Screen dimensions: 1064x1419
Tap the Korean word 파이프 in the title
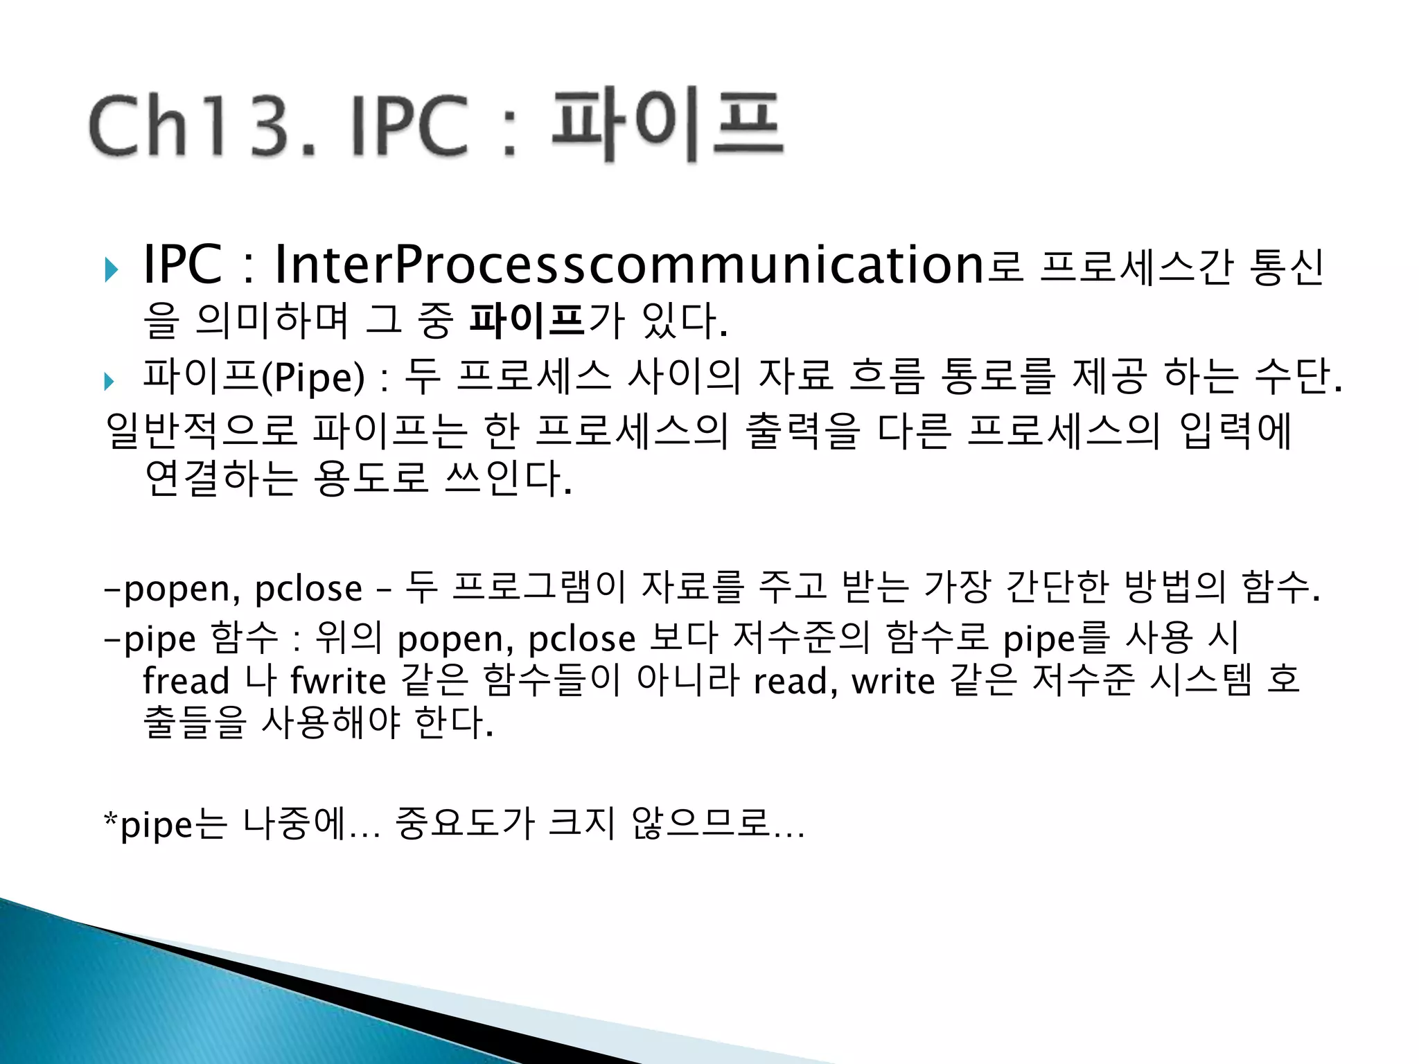coord(667,126)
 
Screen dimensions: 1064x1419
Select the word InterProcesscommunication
coord(629,266)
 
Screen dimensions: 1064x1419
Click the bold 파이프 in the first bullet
coord(527,321)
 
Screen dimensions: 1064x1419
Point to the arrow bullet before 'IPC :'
coord(111,269)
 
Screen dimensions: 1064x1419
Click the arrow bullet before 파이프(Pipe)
coord(109,380)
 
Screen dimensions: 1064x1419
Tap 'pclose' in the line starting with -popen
coord(308,589)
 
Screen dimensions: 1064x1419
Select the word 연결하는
coord(221,478)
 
